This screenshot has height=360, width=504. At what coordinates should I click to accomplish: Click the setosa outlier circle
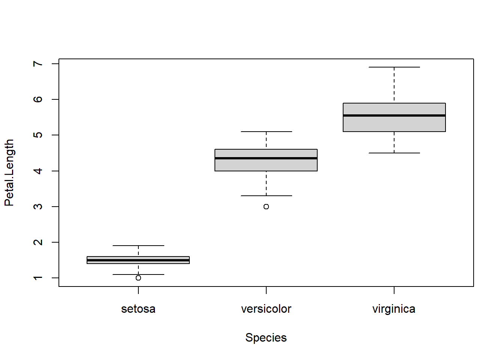pos(138,278)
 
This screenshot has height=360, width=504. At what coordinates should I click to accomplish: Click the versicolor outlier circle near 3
pos(266,207)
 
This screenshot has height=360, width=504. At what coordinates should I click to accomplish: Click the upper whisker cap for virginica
pos(394,67)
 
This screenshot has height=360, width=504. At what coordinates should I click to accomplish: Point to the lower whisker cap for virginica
pos(394,153)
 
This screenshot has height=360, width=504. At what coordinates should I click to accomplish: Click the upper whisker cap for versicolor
pos(266,132)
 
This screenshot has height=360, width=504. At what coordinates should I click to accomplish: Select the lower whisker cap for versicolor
pos(266,196)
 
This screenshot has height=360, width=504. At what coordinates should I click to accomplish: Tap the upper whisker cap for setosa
pos(138,246)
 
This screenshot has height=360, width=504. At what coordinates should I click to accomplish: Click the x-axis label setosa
pos(138,309)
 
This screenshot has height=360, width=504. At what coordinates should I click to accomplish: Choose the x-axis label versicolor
pos(266,309)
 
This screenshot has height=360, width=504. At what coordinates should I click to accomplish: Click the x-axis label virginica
pos(394,309)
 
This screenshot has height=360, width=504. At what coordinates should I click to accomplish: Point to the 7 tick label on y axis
pos(38,64)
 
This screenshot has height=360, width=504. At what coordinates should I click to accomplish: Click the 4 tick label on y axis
pos(38,171)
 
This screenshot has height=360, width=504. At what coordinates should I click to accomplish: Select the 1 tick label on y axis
pos(38,278)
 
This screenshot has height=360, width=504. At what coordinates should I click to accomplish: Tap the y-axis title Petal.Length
pos(9,172)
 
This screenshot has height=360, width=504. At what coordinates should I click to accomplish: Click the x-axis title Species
pos(266,338)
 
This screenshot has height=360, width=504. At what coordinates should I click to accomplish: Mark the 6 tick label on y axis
pos(38,99)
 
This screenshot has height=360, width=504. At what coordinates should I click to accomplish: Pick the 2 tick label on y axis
pos(38,242)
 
